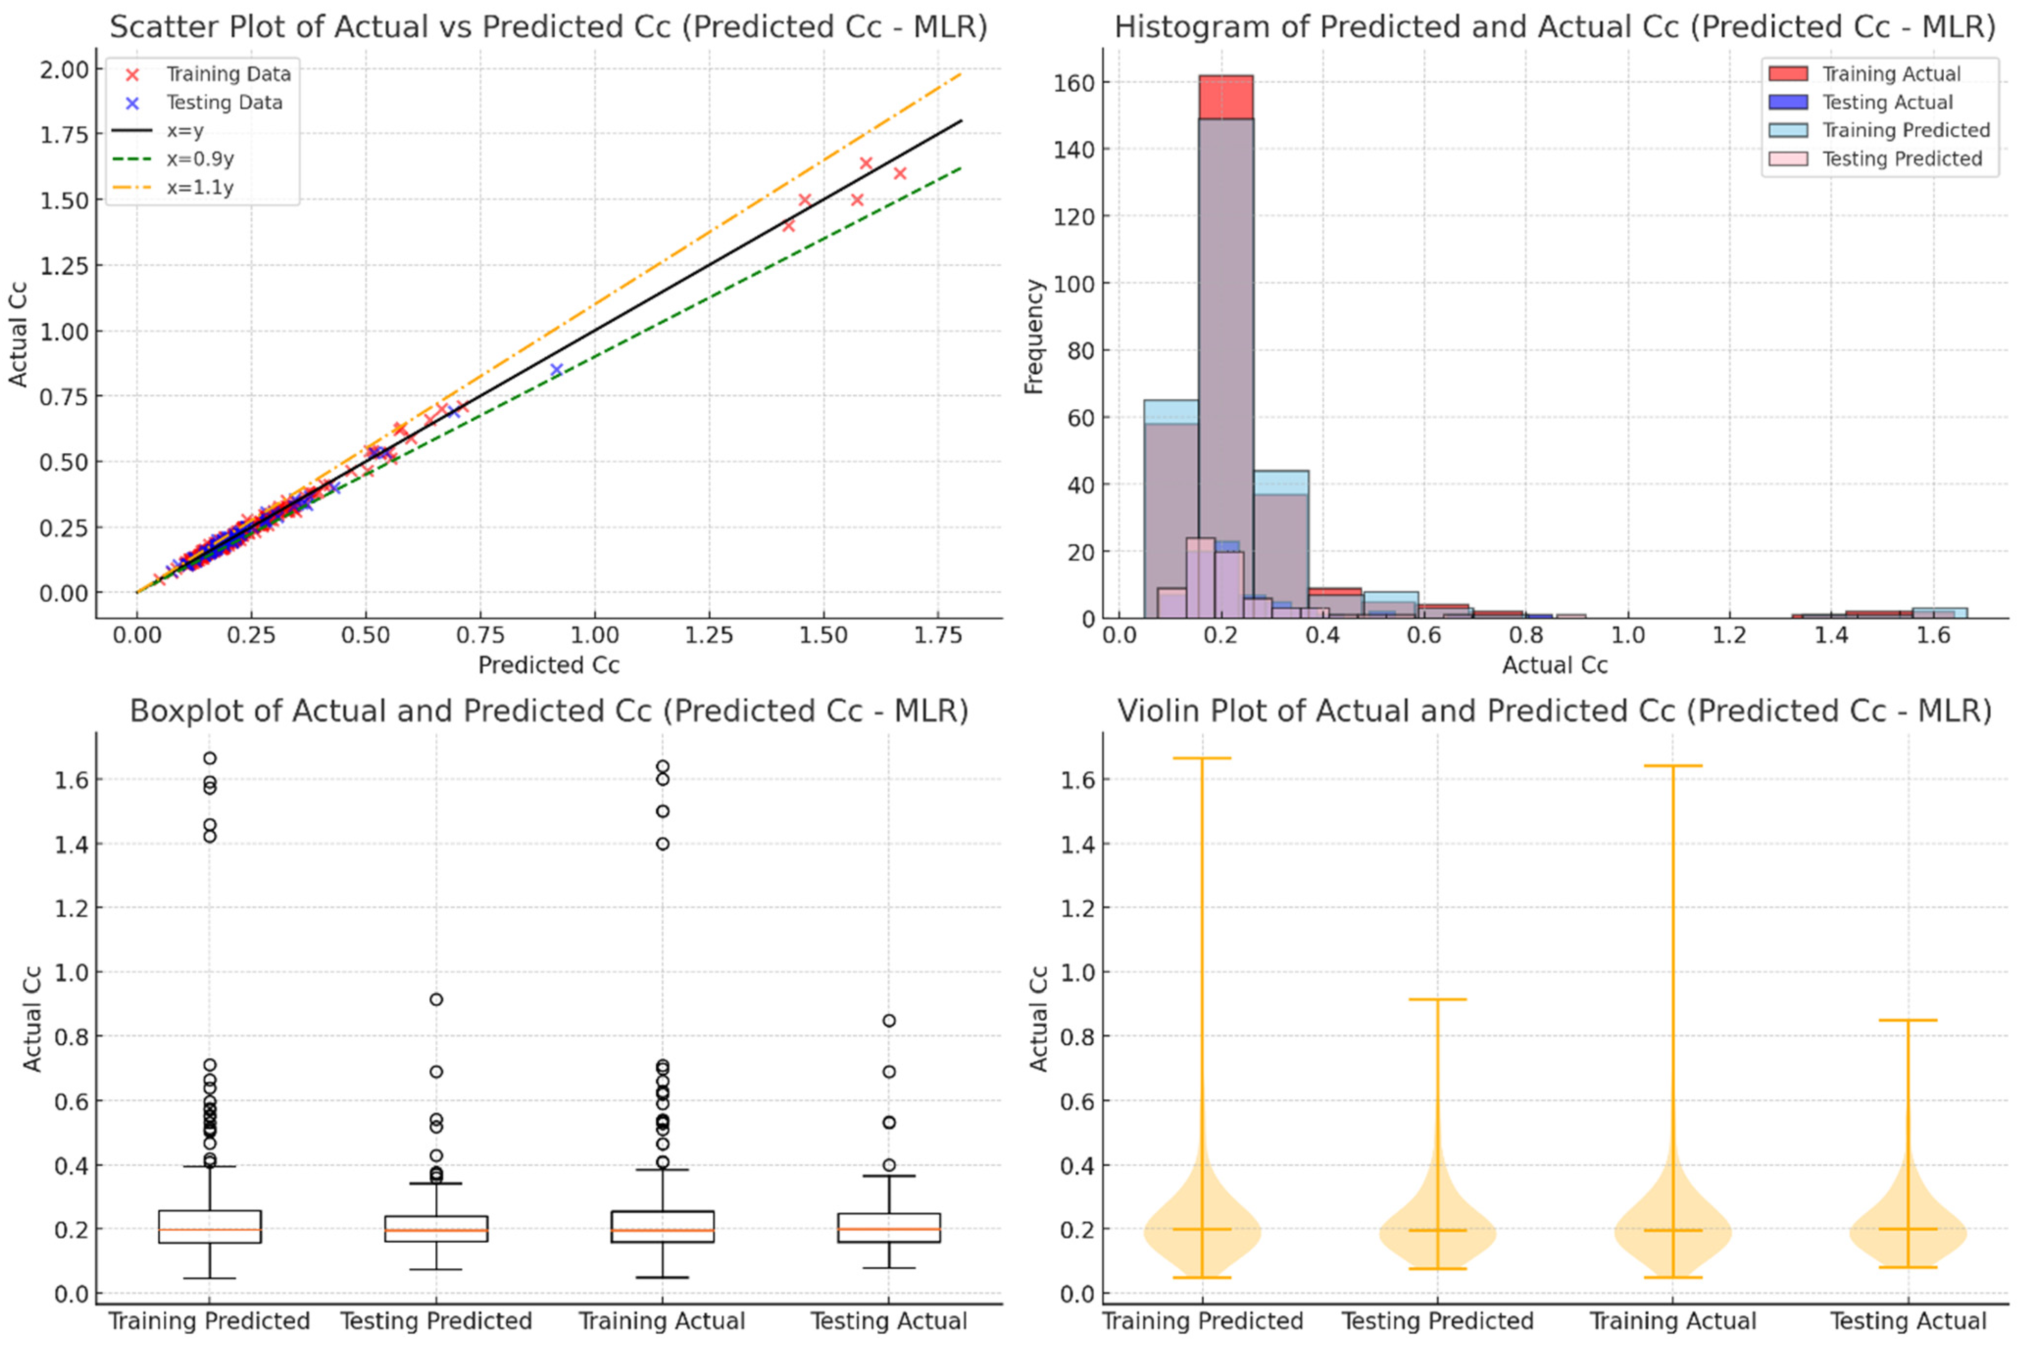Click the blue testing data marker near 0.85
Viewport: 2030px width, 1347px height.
556,369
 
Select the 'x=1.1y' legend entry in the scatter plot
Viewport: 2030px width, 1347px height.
199,187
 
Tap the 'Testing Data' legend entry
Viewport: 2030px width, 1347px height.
223,102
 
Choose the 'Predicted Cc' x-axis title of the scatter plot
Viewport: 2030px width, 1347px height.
548,665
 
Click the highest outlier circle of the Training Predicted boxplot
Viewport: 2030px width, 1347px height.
210,758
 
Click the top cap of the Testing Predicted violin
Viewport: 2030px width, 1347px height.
1437,999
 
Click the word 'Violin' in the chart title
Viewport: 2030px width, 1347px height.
1158,711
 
